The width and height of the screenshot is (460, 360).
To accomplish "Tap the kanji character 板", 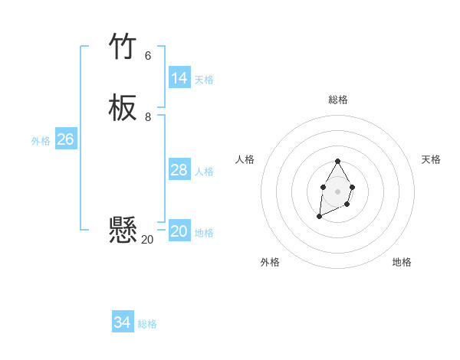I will click(x=123, y=109).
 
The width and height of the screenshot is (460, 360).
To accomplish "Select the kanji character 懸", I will click(x=123, y=229).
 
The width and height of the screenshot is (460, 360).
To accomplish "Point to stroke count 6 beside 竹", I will click(x=148, y=56).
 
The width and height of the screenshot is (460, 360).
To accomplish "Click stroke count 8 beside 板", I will click(x=148, y=116).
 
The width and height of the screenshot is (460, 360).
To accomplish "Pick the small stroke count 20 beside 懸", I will click(x=147, y=240).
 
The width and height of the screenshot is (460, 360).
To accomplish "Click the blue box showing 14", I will click(x=179, y=78).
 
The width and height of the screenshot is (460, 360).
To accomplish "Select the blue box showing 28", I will click(x=179, y=170).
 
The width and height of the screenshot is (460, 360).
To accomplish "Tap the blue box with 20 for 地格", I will click(x=179, y=231).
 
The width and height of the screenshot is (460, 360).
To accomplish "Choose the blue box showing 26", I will click(x=65, y=139).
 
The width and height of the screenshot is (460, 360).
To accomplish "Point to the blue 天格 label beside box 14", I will click(x=204, y=80).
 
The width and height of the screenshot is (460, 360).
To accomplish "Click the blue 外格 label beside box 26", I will click(x=41, y=141).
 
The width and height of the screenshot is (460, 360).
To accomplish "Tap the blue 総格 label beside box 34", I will click(x=147, y=324).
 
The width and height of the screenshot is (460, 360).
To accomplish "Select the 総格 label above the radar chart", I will click(x=337, y=100).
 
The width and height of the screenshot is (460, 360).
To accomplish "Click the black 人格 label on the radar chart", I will click(x=245, y=159).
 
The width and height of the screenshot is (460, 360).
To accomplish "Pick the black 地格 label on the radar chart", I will click(x=402, y=262).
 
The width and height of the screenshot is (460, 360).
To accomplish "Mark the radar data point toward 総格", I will click(x=337, y=162).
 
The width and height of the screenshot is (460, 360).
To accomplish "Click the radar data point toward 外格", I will click(x=319, y=217).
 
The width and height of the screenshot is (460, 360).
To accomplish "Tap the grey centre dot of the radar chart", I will click(x=337, y=190).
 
